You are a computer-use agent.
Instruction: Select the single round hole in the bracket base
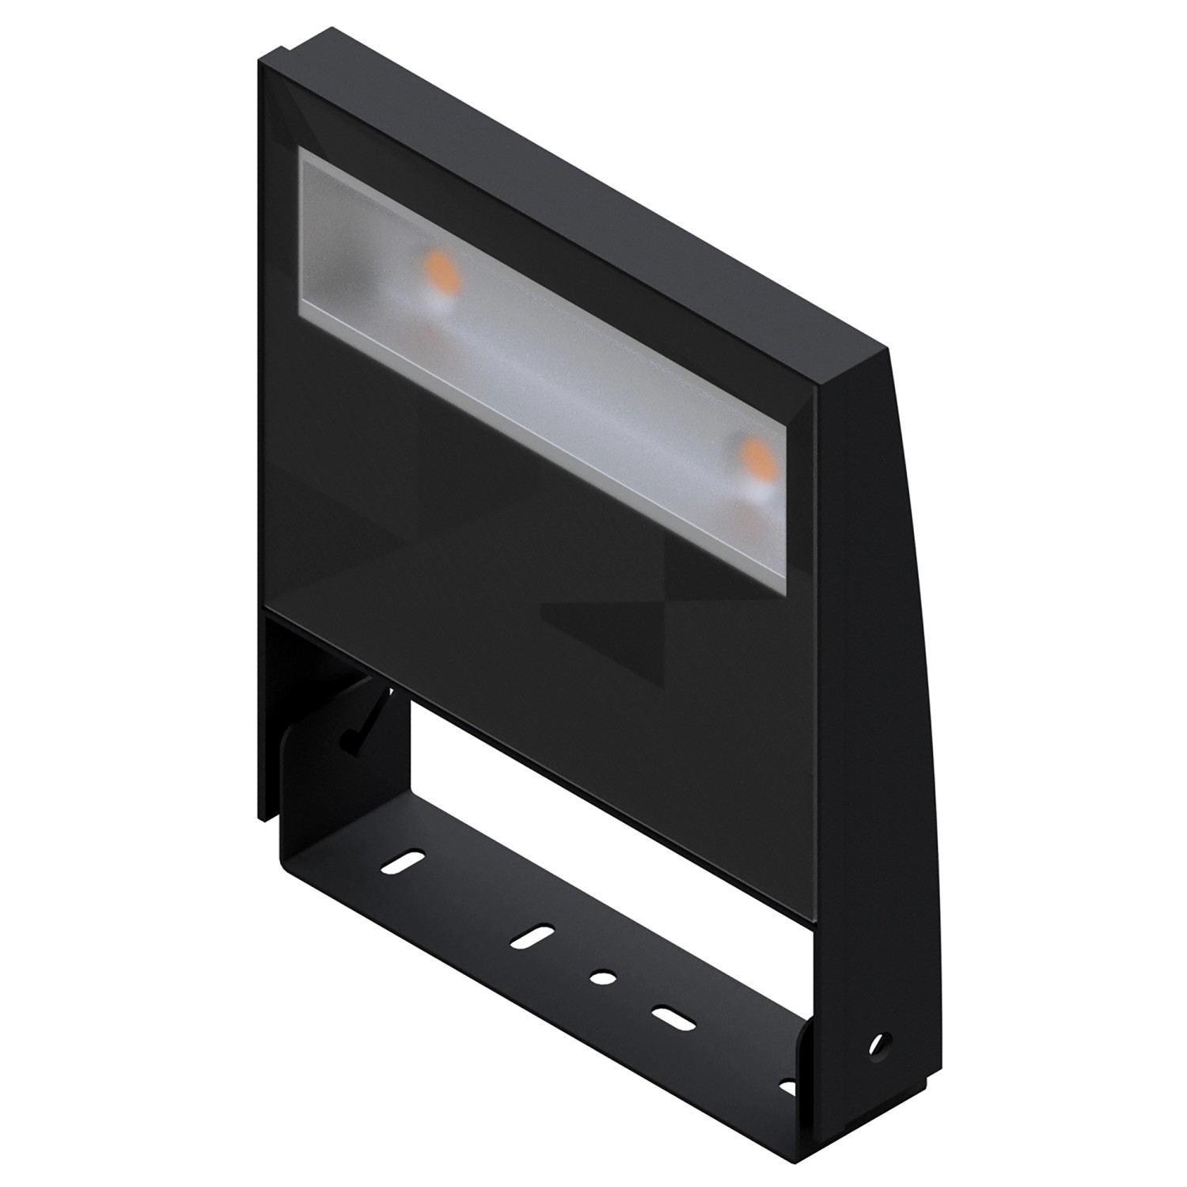pyautogui.click(x=602, y=978)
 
